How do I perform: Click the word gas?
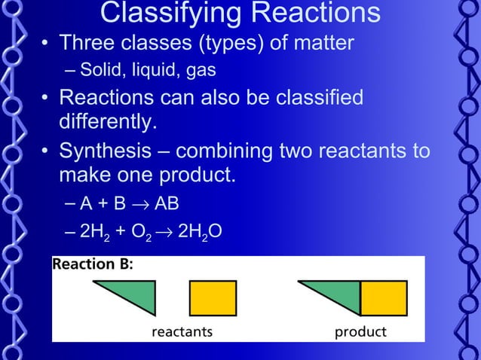(x=201, y=72)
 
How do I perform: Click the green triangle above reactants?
(x=136, y=294)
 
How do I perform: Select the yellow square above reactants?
(x=213, y=297)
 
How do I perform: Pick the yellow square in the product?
(x=384, y=297)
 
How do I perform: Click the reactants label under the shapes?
(x=182, y=331)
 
